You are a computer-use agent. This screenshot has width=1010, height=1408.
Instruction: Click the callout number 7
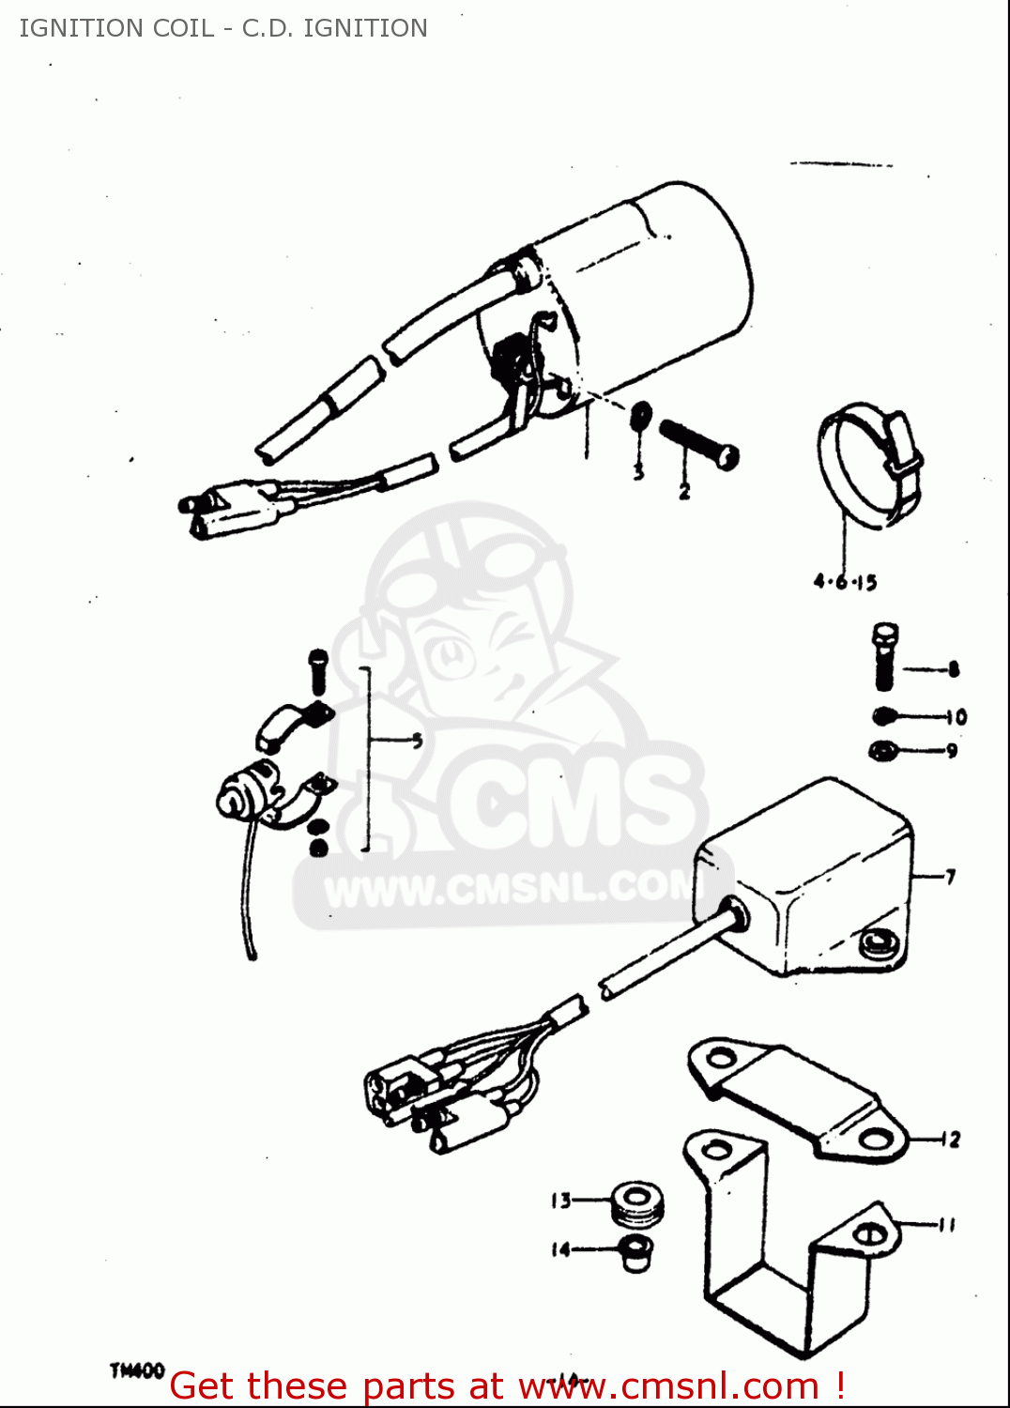click(950, 877)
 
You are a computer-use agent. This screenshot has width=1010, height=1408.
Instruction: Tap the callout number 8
click(953, 669)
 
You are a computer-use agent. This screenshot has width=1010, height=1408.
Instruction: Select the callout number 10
click(956, 717)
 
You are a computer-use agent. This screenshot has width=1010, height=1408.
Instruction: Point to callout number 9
click(952, 750)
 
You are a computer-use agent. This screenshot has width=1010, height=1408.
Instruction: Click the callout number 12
click(952, 1140)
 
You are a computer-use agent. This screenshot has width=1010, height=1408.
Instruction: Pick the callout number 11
click(948, 1224)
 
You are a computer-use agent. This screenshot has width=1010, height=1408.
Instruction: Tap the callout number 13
click(560, 1201)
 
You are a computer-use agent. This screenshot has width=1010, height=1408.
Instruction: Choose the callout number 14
click(560, 1249)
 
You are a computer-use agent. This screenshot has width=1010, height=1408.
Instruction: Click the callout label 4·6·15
click(845, 582)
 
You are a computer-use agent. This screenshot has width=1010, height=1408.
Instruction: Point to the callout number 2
click(684, 490)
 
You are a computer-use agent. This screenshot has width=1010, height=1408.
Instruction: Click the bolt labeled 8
click(883, 656)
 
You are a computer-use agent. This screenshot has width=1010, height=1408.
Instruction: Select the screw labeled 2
click(699, 445)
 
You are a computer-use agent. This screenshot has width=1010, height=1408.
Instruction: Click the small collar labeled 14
click(636, 1252)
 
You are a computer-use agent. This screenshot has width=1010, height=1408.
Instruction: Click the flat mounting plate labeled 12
click(798, 1098)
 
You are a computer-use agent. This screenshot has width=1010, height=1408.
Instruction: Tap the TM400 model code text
click(137, 1371)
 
